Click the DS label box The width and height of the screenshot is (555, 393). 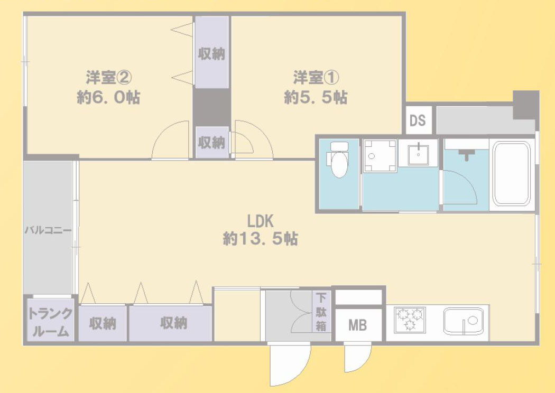pyautogui.click(x=418, y=120)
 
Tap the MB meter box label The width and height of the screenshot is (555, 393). pyautogui.click(x=357, y=325)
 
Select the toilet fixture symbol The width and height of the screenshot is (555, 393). pyautogui.click(x=337, y=159)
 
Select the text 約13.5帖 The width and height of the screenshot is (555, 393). pyautogui.click(x=260, y=239)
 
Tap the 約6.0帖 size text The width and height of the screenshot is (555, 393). pyautogui.click(x=108, y=98)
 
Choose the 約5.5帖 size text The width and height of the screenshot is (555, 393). pyautogui.click(x=316, y=98)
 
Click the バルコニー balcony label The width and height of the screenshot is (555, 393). pyautogui.click(x=48, y=230)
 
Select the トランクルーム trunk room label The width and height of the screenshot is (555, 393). pyautogui.click(x=50, y=322)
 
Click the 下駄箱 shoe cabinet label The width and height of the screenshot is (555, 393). pyautogui.click(x=321, y=312)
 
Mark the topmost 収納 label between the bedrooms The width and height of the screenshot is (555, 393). pyautogui.click(x=211, y=53)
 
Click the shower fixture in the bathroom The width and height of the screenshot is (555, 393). pyautogui.click(x=466, y=154)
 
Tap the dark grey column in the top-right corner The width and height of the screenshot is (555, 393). pyautogui.click(x=525, y=105)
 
